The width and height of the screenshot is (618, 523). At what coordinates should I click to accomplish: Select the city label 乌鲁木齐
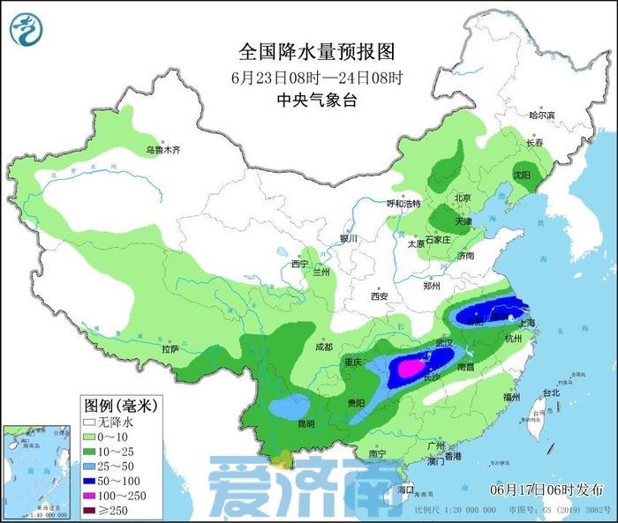(x=162, y=151)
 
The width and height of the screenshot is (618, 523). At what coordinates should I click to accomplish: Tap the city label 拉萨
(x=170, y=349)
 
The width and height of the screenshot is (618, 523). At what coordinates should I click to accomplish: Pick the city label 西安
(x=380, y=296)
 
